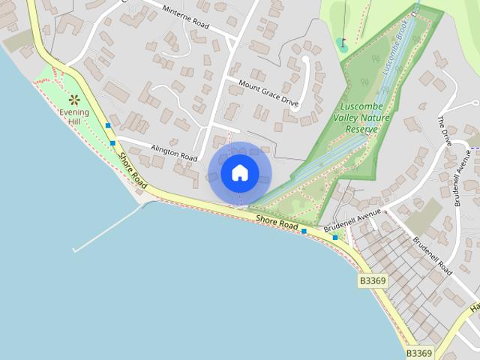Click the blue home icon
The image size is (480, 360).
[x=240, y=172]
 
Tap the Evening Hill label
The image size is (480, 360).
[x=74, y=117]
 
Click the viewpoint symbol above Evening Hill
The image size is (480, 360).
[x=74, y=99]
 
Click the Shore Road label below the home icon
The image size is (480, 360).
[x=277, y=221]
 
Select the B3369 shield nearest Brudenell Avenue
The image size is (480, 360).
[x=373, y=280]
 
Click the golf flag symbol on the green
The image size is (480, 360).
[x=343, y=43]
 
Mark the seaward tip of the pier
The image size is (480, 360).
[x=75, y=250]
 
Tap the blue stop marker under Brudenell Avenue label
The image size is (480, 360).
[x=335, y=238]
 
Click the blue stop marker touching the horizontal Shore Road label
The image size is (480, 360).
[x=304, y=232]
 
